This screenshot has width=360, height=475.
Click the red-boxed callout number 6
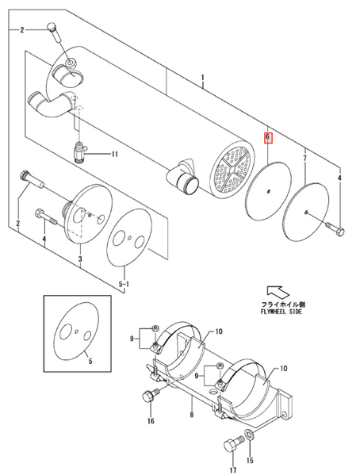[x=268, y=137]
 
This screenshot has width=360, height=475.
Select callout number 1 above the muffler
[x=203, y=80]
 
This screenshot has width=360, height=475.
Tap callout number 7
[x=304, y=159]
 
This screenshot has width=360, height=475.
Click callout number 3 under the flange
[x=80, y=259]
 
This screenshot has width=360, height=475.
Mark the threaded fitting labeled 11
[x=80, y=148]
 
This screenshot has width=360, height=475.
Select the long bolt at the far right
[x=335, y=230]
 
